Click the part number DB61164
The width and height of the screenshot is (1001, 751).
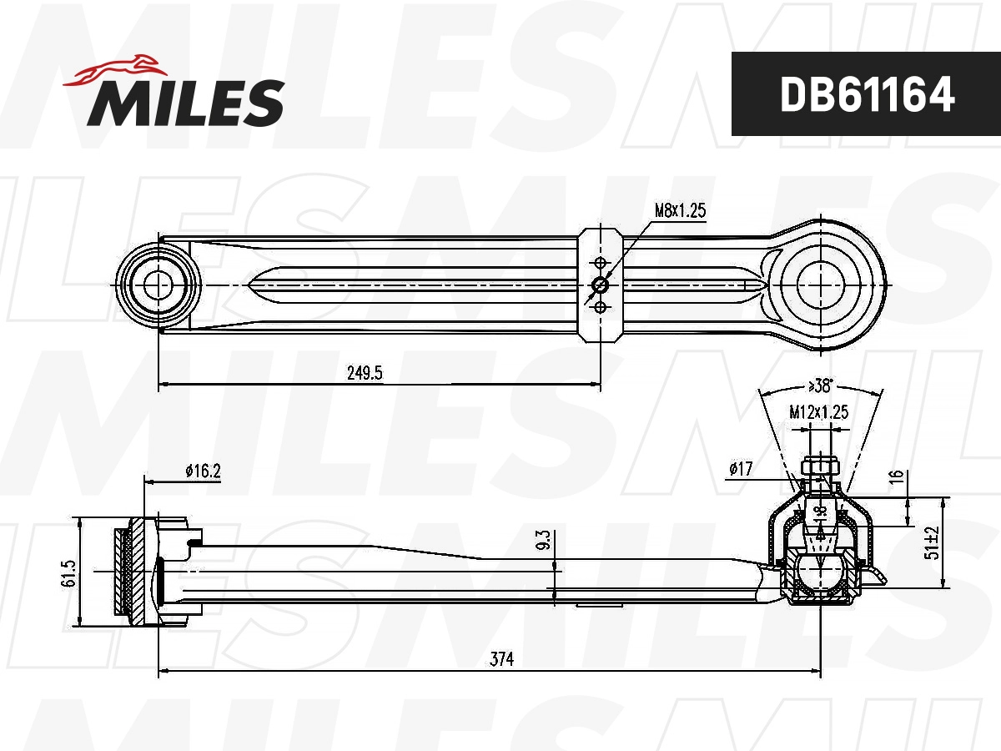[x=866, y=95]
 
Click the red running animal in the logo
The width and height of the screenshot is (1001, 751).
[x=113, y=70]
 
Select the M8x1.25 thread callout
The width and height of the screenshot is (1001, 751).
[x=679, y=210]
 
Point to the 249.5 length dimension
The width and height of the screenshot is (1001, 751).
[x=365, y=373]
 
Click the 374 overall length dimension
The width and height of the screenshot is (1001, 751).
[x=500, y=658]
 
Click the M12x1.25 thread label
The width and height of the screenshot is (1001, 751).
[x=818, y=411]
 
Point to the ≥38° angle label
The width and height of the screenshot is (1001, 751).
[x=821, y=386]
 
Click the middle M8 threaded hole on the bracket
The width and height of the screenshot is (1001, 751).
[x=600, y=285]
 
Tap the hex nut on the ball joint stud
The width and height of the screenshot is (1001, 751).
[x=821, y=466]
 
